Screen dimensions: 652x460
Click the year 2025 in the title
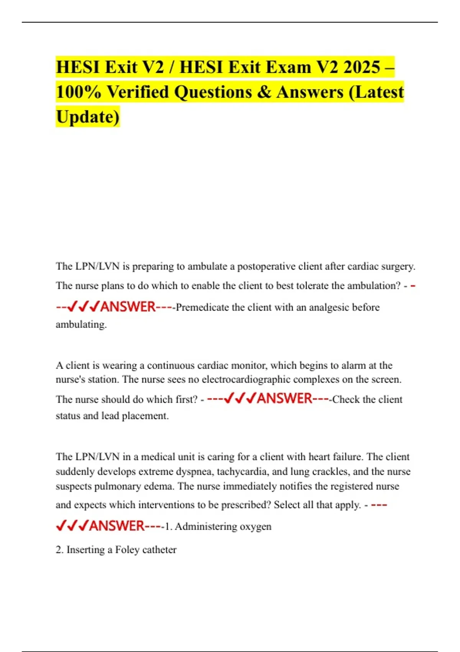point(361,67)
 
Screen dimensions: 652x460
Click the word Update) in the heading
point(88,117)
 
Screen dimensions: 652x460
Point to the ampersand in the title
point(264,92)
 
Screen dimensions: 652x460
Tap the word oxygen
point(255,527)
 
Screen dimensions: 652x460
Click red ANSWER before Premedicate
point(128,307)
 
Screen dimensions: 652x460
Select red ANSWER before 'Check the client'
point(284,398)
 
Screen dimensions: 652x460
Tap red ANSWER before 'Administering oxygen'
point(117,526)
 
